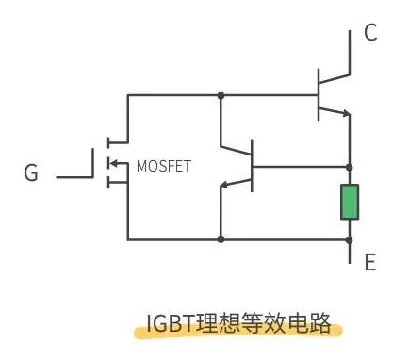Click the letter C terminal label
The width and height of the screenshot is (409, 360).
370,34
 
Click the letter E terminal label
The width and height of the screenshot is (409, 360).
370,262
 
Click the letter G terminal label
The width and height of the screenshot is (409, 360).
31,173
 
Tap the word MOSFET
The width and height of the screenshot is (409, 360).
163,166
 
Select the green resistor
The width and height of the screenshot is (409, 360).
350,203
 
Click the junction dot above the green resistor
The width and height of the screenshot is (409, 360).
350,166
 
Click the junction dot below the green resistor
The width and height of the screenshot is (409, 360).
350,239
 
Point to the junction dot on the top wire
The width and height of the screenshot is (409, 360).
220,95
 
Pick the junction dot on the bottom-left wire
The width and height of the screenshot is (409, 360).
220,239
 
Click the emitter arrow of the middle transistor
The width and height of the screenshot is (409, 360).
228,185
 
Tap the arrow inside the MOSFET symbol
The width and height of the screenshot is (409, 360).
115,166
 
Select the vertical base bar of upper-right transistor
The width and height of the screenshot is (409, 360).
319,94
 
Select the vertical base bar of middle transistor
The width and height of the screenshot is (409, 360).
253,166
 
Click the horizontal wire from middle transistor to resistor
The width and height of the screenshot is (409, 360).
302,166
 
